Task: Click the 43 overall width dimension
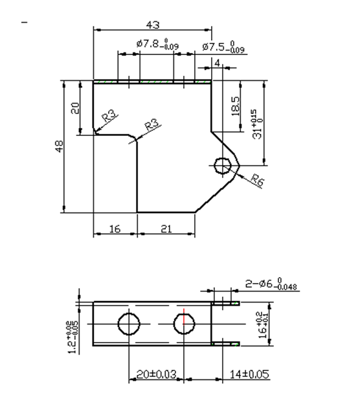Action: [153, 25]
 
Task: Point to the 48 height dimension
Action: [59, 148]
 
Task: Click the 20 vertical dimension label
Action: [76, 107]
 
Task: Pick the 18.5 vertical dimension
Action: [234, 107]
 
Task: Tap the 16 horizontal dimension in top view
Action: [114, 228]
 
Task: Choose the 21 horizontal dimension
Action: [165, 228]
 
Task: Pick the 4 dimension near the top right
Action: [217, 62]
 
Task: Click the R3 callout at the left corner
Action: [110, 117]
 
